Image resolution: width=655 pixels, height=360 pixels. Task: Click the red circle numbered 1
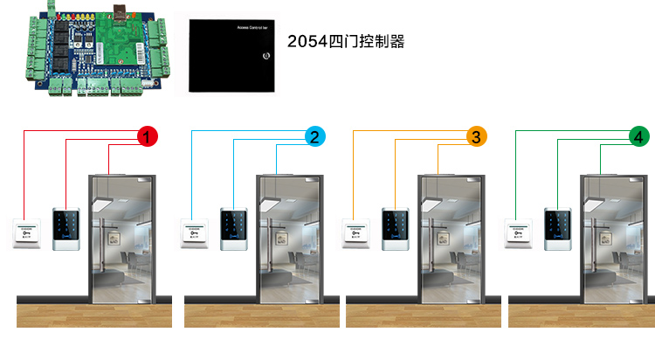(148, 136)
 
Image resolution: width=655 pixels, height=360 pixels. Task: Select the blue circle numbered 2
(315, 136)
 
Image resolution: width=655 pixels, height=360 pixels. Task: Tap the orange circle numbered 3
(476, 136)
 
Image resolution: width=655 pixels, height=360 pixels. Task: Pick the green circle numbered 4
(639, 136)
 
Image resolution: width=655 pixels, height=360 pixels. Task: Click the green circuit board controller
(93, 49)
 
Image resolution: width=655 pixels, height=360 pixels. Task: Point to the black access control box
(233, 56)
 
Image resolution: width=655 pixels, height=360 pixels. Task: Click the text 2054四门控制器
(346, 41)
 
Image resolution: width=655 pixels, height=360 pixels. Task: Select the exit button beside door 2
(195, 232)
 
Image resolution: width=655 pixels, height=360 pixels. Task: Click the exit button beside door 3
(357, 232)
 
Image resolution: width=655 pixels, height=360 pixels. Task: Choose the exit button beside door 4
(519, 232)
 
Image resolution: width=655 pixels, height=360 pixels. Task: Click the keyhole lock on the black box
(265, 59)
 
